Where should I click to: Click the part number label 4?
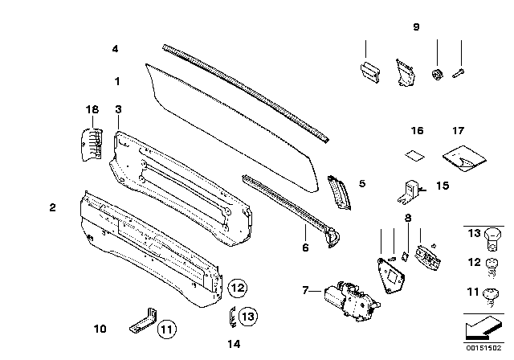(x=116, y=49)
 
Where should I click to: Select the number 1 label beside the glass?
(x=116, y=81)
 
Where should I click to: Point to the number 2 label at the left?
(x=52, y=208)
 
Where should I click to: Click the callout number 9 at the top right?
(x=416, y=27)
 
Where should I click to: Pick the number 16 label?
(x=416, y=129)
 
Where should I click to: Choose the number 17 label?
(x=458, y=129)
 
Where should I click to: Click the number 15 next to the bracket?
(x=441, y=186)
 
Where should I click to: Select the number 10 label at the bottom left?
(x=100, y=328)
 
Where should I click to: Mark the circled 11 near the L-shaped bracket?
(x=165, y=328)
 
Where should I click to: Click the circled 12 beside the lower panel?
(x=236, y=286)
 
